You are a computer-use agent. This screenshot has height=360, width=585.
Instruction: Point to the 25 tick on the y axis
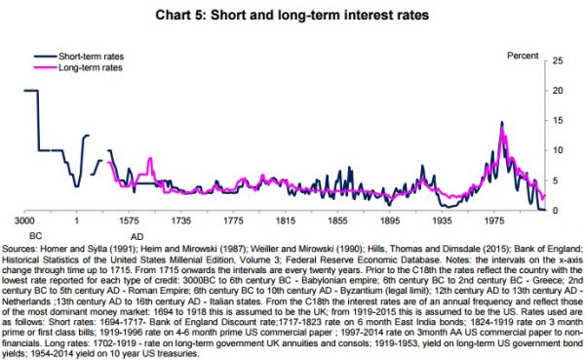tap(558, 60)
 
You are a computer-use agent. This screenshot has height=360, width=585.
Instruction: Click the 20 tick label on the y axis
tap(558, 90)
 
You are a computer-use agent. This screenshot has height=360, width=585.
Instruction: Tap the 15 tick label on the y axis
tap(558, 120)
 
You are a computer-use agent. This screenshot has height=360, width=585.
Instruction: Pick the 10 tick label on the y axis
tap(558, 150)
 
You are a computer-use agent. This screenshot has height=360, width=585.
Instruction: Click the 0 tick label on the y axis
tap(555, 211)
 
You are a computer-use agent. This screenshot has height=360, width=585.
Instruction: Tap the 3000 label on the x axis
tap(24, 221)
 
